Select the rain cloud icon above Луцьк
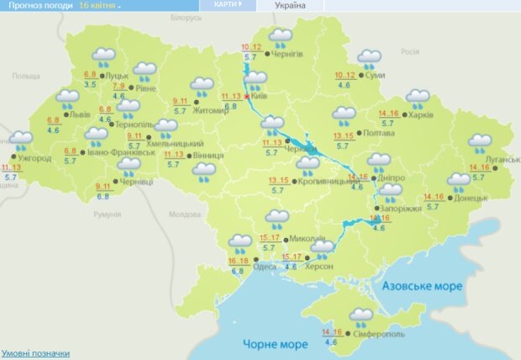pyautogui.click(x=104, y=57)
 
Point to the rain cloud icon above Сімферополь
pyautogui.click(x=362, y=317)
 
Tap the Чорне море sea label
pyautogui.click(x=271, y=344)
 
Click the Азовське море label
pyautogui.click(x=422, y=286)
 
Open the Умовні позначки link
pyautogui.click(x=35, y=353)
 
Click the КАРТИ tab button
pyautogui.click(x=226, y=5)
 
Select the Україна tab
pyautogui.click(x=290, y=5)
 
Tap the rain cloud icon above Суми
pyautogui.click(x=369, y=58)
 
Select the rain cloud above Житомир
pyautogui.click(x=202, y=85)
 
